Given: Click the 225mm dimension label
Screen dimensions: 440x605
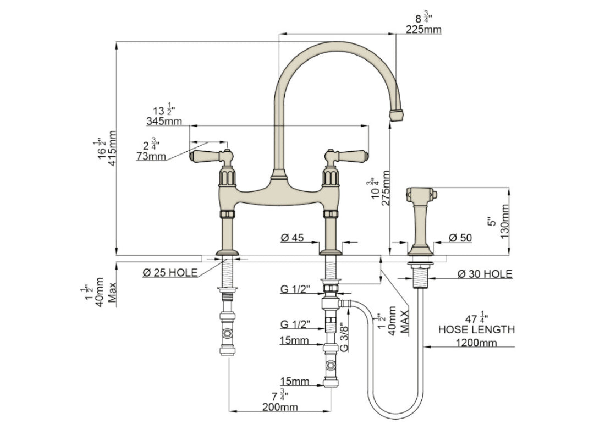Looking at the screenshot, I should (423, 30).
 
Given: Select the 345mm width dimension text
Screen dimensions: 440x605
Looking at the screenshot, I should (164, 120).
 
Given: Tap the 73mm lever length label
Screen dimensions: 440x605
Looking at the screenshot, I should (151, 156).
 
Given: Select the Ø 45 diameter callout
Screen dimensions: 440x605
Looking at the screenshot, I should (293, 238).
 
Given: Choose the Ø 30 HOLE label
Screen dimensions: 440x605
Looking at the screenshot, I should (485, 274).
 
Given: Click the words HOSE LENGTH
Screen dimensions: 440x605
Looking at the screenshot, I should (476, 330).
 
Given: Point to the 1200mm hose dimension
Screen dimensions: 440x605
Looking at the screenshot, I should (476, 343).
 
